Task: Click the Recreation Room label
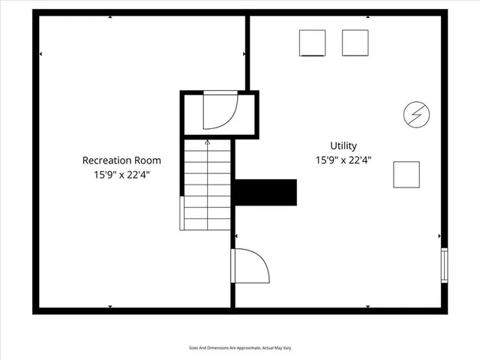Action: click(x=121, y=160)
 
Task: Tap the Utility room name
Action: click(x=343, y=145)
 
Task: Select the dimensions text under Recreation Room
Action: click(x=121, y=175)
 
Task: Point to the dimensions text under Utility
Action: click(x=343, y=160)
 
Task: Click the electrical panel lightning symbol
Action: click(x=416, y=115)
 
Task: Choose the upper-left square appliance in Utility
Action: click(x=313, y=43)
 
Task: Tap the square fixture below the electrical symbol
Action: click(x=406, y=175)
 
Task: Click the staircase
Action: click(x=206, y=185)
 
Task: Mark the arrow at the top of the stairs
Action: click(x=208, y=142)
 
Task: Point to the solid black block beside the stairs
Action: click(x=265, y=191)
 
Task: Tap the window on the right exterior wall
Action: click(x=444, y=265)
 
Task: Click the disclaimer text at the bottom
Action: click(x=239, y=348)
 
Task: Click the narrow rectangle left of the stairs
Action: click(x=181, y=213)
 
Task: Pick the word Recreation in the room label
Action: click(x=106, y=160)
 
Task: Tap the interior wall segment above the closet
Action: click(x=247, y=52)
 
